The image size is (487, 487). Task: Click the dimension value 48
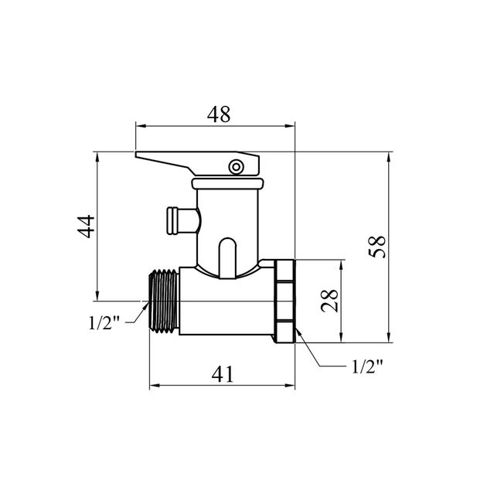(219, 114)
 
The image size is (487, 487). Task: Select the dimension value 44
(86, 226)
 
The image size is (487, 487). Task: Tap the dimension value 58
(377, 247)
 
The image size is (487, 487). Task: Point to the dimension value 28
(329, 301)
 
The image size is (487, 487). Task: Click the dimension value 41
(223, 374)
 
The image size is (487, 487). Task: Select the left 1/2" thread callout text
(104, 322)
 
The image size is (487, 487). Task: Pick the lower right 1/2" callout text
(367, 366)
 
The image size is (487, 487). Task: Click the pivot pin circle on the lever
(236, 167)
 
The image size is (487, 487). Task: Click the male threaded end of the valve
(164, 301)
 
